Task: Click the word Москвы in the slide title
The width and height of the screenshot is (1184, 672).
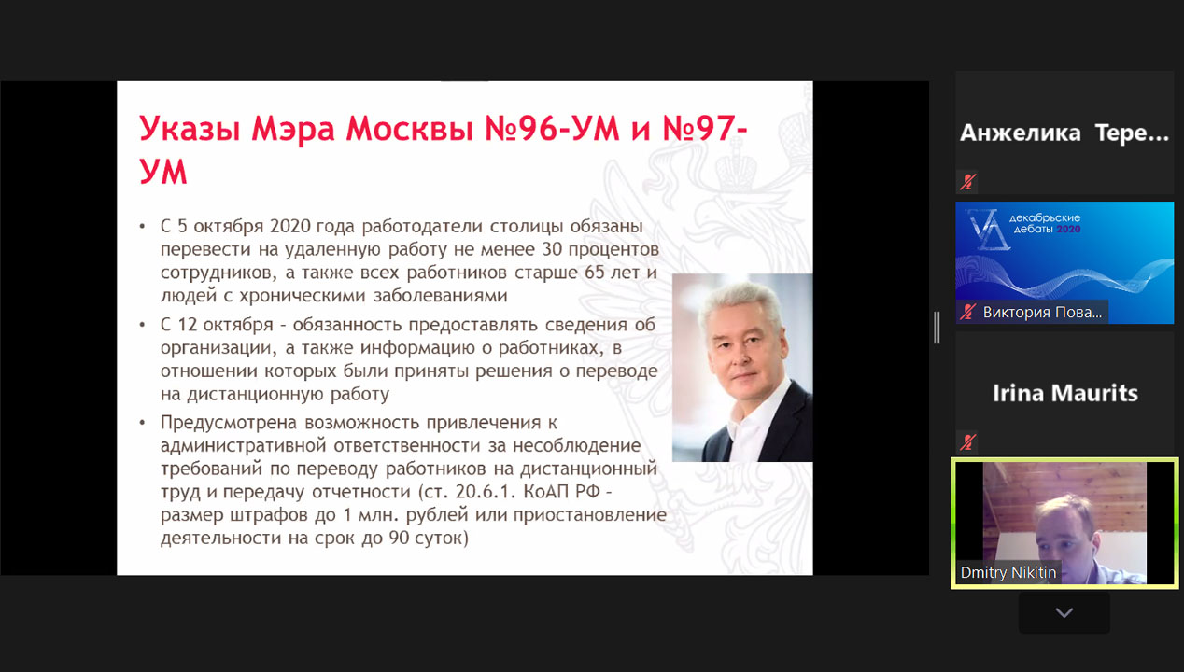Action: tap(409, 129)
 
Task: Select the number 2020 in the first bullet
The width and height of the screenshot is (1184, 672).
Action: tap(290, 226)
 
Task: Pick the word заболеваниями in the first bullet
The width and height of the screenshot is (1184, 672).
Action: tap(441, 296)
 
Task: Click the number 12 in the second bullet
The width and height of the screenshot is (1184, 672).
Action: tap(188, 325)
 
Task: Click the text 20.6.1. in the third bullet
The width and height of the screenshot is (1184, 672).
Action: tap(486, 492)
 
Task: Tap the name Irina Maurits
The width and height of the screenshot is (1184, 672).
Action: tap(1065, 393)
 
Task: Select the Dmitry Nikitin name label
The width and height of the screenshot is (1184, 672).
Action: tap(1008, 572)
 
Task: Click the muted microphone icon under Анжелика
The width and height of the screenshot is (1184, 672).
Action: tap(967, 182)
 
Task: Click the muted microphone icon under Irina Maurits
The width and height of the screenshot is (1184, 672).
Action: tap(967, 442)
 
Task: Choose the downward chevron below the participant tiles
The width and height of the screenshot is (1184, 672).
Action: tap(1064, 613)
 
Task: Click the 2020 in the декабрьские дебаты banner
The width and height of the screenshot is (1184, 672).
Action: tap(1068, 230)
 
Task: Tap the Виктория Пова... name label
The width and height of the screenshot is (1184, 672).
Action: tap(1042, 313)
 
